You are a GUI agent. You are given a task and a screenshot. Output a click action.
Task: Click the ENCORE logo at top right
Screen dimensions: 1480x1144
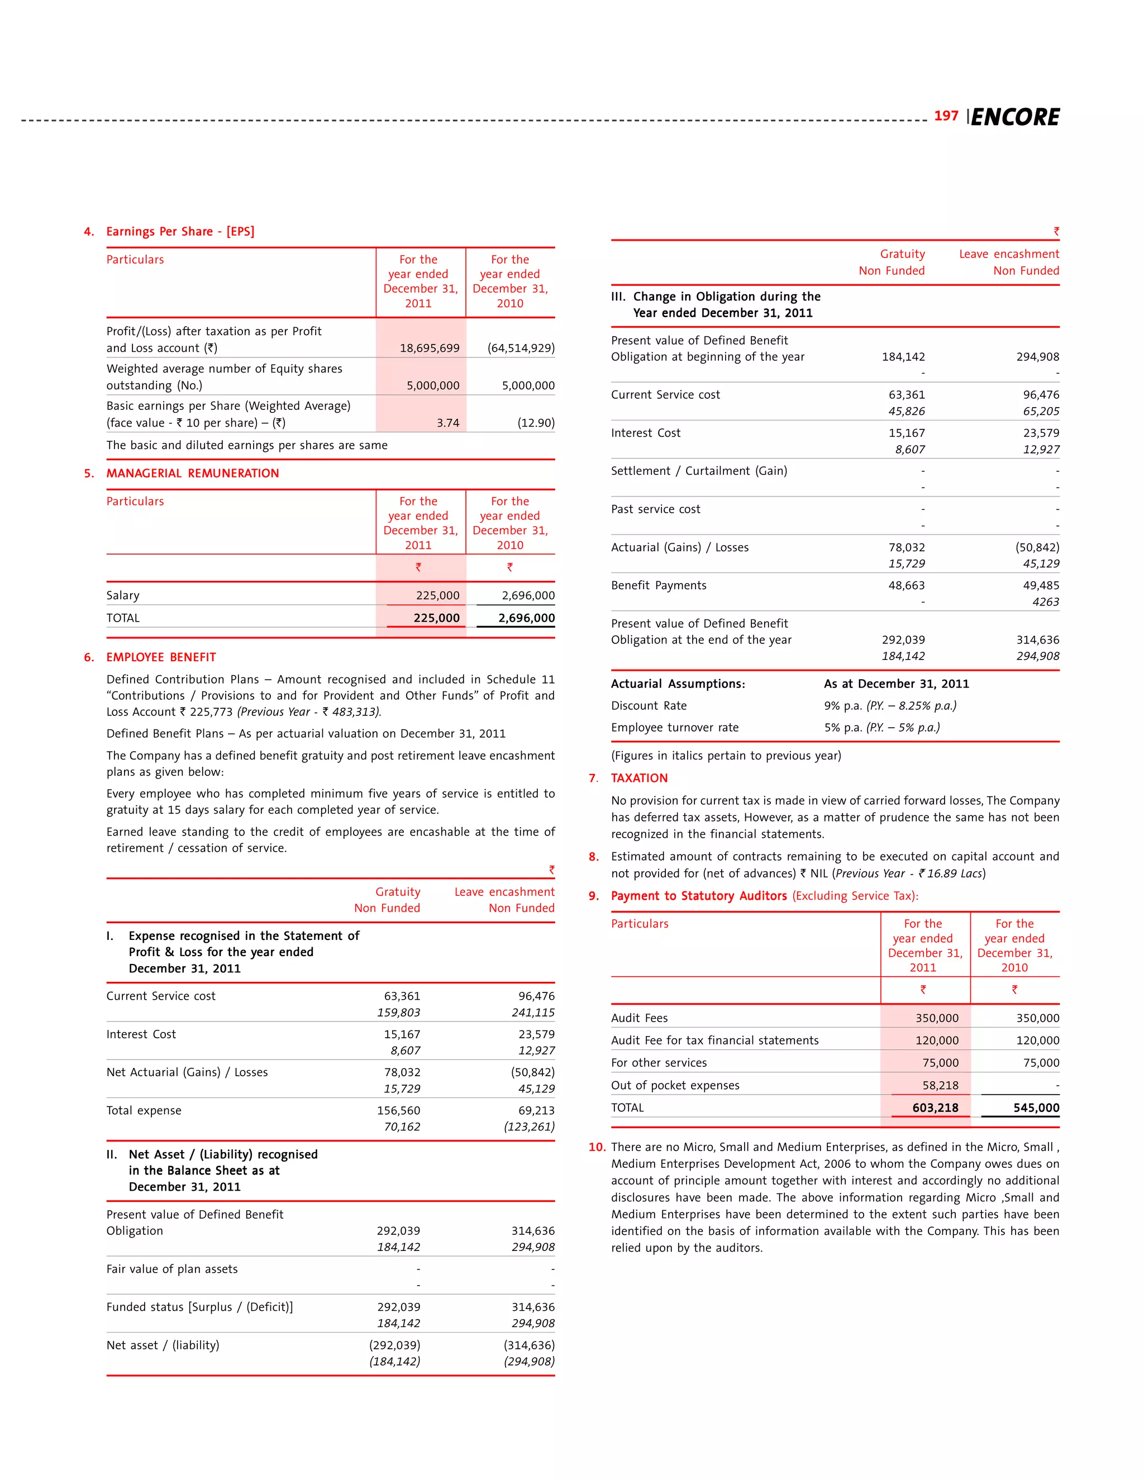point(1014,117)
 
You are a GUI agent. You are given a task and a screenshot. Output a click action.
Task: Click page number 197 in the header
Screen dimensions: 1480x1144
point(946,116)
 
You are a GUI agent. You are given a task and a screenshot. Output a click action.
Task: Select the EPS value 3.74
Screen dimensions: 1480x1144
point(447,423)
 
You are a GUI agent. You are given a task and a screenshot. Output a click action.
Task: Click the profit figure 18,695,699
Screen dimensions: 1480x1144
point(429,347)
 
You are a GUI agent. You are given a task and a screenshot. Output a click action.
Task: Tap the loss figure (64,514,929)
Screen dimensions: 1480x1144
point(521,347)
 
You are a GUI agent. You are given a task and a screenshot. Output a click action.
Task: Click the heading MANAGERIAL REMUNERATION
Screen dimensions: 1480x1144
point(193,473)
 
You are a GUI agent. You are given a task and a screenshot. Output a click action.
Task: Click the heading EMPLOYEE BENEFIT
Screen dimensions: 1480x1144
point(161,657)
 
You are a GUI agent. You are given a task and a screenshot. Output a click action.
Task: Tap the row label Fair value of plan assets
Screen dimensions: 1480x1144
point(171,1269)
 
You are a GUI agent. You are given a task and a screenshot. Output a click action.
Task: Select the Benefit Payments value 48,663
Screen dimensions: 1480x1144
point(906,585)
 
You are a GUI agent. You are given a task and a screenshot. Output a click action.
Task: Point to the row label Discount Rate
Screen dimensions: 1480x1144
point(649,705)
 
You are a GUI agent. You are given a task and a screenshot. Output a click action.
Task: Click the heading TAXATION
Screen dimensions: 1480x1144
point(639,778)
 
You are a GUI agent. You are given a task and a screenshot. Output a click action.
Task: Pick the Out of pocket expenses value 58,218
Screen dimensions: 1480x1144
point(940,1086)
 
